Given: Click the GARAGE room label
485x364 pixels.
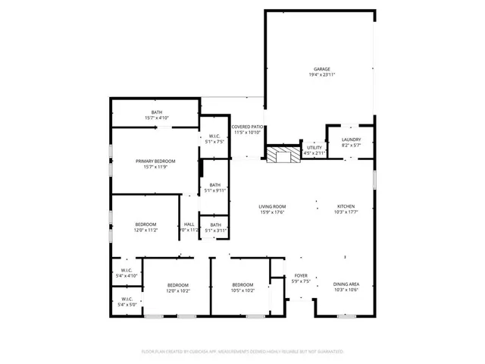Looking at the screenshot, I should click(321, 69).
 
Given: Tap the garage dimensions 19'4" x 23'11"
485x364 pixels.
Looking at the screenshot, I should click(321, 75).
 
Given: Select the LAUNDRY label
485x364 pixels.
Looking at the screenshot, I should click(351, 139).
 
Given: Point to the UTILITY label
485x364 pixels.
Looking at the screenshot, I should click(314, 148).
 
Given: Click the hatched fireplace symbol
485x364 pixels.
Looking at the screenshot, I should click(283, 154).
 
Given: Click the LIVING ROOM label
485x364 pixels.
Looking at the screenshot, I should click(272, 206).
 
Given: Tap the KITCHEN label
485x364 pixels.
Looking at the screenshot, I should click(346, 206).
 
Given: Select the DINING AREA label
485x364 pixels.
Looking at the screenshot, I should click(346, 284).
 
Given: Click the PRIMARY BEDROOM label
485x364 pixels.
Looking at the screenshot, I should click(155, 161).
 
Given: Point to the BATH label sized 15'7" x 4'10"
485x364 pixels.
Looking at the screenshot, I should click(157, 112).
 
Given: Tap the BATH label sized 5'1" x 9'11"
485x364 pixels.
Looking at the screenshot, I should click(215, 185).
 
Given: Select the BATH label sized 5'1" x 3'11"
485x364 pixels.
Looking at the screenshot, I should click(215, 224).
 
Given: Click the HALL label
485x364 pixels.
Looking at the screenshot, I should click(189, 224).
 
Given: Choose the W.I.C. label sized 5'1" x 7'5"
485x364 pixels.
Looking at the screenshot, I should click(214, 136).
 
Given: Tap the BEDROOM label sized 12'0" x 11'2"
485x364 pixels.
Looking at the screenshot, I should click(145, 224).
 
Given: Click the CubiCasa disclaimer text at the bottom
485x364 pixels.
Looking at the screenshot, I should click(242, 351).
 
